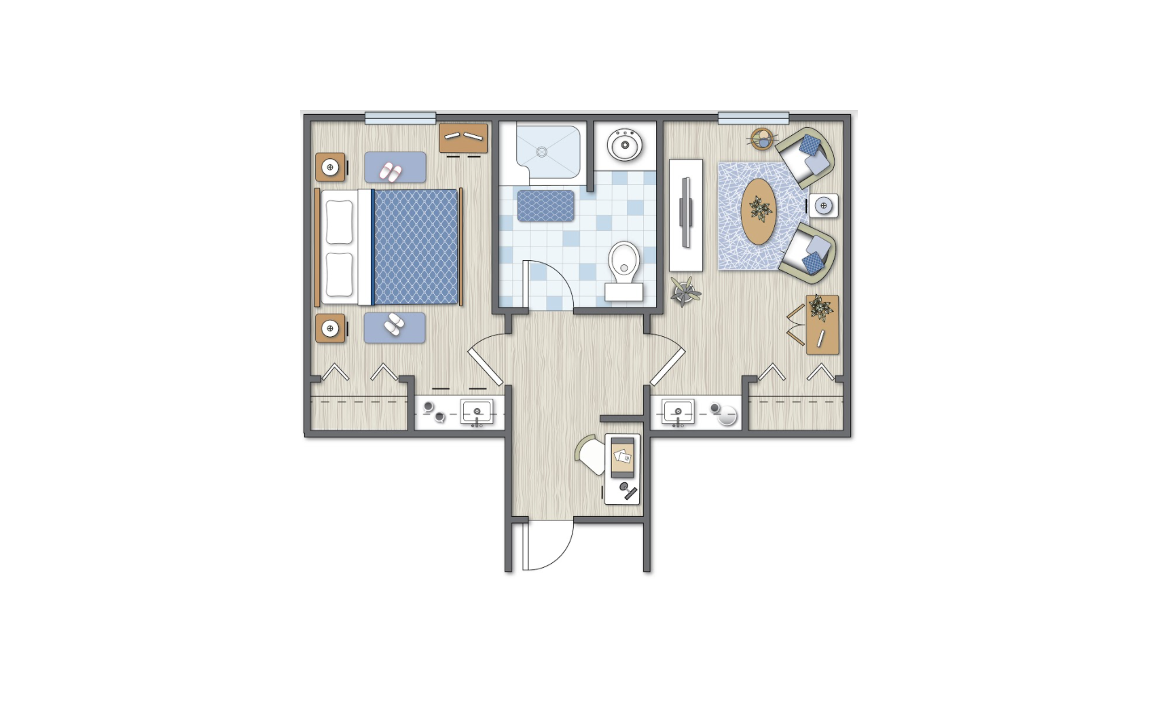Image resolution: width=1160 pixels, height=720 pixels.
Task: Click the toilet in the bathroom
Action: point(623,268)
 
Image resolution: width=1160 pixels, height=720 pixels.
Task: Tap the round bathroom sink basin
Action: point(625,145)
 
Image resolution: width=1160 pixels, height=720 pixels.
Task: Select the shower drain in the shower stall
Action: point(542,151)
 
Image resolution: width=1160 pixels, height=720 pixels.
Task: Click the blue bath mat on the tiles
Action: point(545,206)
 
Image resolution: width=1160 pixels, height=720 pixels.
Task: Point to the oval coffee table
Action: point(757,211)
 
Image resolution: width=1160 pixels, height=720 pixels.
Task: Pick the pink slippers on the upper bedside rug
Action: point(390,172)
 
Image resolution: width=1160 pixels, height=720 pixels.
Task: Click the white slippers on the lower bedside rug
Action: point(394,325)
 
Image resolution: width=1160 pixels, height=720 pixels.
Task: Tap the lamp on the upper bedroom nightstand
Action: point(330,167)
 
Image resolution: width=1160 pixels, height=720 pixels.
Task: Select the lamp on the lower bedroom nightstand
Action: point(330,329)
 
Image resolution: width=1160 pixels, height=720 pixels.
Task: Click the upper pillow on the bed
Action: point(340,222)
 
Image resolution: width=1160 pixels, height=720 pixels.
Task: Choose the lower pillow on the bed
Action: point(340,274)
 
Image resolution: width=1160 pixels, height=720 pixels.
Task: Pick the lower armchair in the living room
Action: point(808,253)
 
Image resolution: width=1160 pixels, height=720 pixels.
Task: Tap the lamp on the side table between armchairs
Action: point(823,205)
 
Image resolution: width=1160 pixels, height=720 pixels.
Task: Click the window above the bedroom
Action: point(400,118)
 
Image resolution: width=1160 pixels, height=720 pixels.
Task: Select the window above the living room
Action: point(753,118)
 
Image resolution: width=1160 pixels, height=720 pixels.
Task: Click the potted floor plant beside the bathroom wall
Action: point(685,291)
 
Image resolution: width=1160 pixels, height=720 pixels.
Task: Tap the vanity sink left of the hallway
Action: point(477,412)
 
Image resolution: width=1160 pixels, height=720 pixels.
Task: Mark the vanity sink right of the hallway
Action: point(677,412)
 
